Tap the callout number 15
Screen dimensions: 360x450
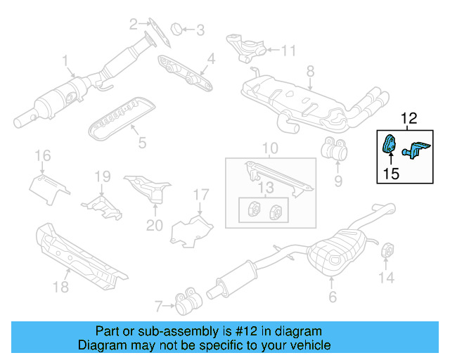coord(392,173)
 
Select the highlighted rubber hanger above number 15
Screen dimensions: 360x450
coord(388,143)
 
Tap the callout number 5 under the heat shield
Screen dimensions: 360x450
coord(141,143)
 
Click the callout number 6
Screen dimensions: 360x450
coord(332,297)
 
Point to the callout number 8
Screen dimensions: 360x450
coord(310,70)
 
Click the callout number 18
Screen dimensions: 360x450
coord(62,286)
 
